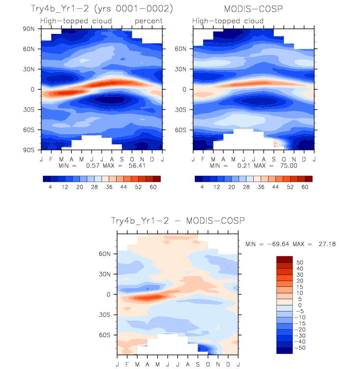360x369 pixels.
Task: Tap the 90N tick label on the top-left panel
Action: pos(29,29)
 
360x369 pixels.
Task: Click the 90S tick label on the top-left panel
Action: pos(29,150)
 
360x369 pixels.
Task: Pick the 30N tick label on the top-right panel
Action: pos(181,69)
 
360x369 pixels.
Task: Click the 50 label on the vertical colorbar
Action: pos(300,262)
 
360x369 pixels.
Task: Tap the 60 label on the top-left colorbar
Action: pos(153,187)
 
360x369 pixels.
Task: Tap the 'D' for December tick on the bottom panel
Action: pos(228,365)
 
